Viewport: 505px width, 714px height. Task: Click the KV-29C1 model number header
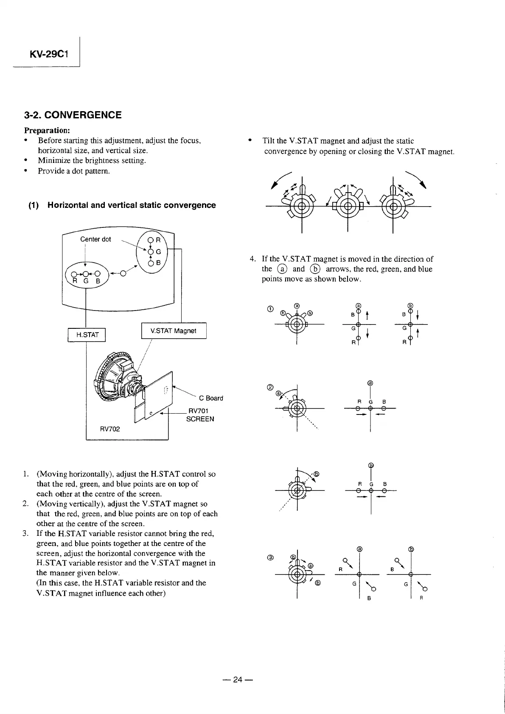pos(50,55)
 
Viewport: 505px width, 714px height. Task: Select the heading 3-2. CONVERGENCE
pos(73,115)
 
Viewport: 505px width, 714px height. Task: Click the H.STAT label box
pos(87,335)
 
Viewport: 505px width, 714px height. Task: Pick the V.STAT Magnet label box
pos(173,331)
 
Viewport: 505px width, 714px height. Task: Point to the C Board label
pos(211,398)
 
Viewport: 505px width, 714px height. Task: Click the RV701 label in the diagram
pos(198,411)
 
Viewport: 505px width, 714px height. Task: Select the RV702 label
pos(110,429)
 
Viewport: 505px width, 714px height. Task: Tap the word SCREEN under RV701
pos(200,419)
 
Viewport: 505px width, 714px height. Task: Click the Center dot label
pos(95,239)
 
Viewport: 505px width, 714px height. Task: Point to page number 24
pos(237,680)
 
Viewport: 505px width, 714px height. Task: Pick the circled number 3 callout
pos(269,557)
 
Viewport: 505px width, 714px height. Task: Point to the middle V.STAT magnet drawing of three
pos(347,207)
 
